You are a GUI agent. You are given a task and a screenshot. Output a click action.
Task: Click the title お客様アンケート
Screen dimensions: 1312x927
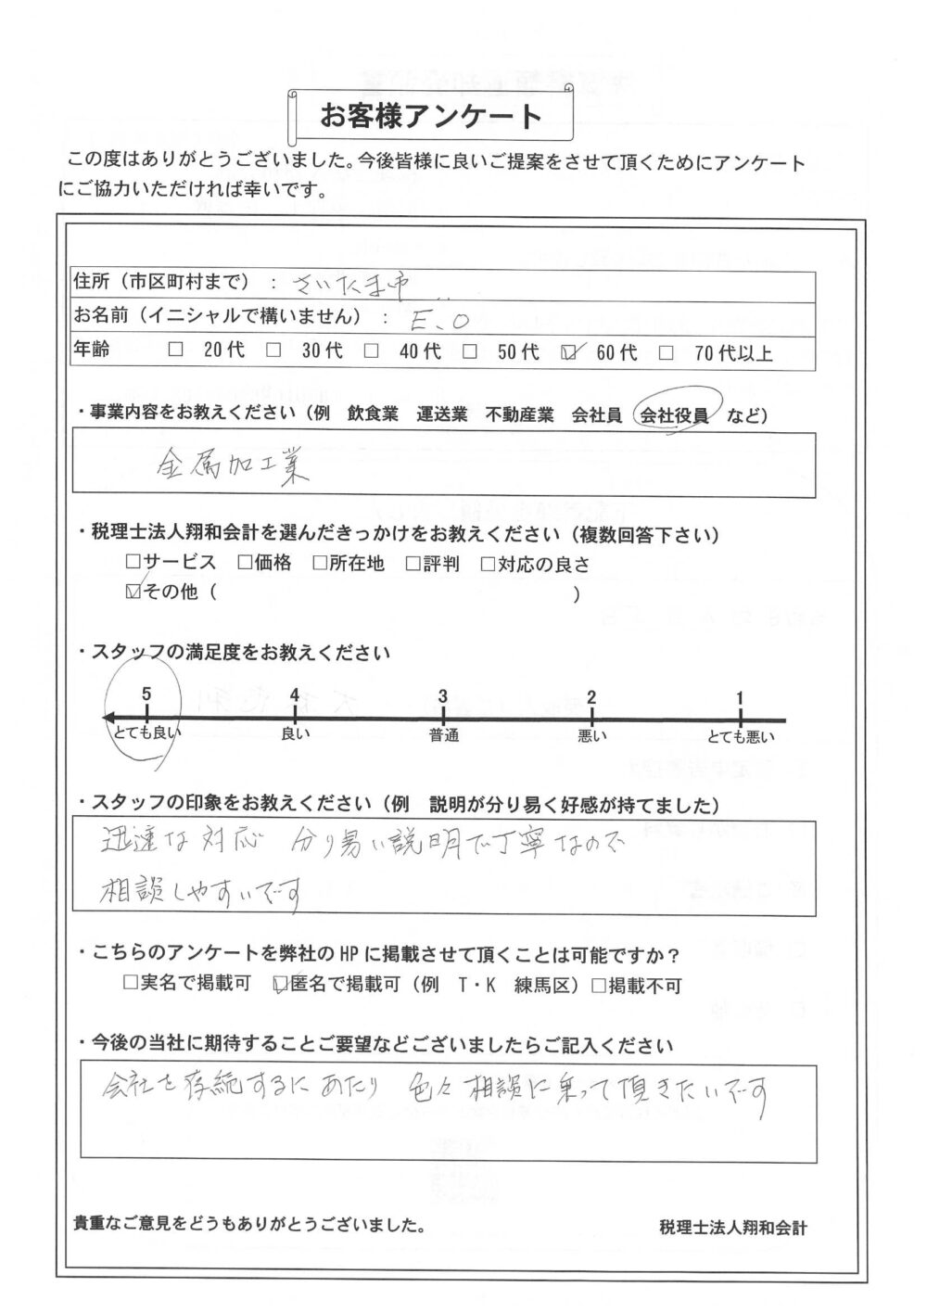click(x=431, y=117)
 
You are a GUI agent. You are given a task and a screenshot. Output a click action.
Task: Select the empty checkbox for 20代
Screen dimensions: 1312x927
click(x=177, y=351)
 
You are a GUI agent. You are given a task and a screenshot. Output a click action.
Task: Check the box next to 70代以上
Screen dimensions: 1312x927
click(x=667, y=352)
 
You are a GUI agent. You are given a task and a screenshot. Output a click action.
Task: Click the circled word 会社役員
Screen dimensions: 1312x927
click(x=674, y=416)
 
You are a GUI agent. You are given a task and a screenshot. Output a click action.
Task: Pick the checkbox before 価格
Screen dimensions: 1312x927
click(x=245, y=562)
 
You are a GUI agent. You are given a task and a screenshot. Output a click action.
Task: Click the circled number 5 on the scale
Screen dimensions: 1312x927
click(x=146, y=694)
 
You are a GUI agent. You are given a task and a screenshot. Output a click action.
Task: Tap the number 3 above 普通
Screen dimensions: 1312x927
click(x=443, y=696)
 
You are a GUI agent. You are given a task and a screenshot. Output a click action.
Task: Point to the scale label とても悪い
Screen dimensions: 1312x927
click(x=741, y=737)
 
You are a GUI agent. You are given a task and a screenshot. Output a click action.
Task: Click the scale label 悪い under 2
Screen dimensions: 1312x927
click(x=591, y=737)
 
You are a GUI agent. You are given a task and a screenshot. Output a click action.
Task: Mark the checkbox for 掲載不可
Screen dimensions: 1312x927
click(x=599, y=986)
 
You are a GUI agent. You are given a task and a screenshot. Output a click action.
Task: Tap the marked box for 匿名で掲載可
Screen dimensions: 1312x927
click(x=281, y=986)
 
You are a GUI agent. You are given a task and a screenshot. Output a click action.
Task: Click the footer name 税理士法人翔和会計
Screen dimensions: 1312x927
click(x=733, y=1228)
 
